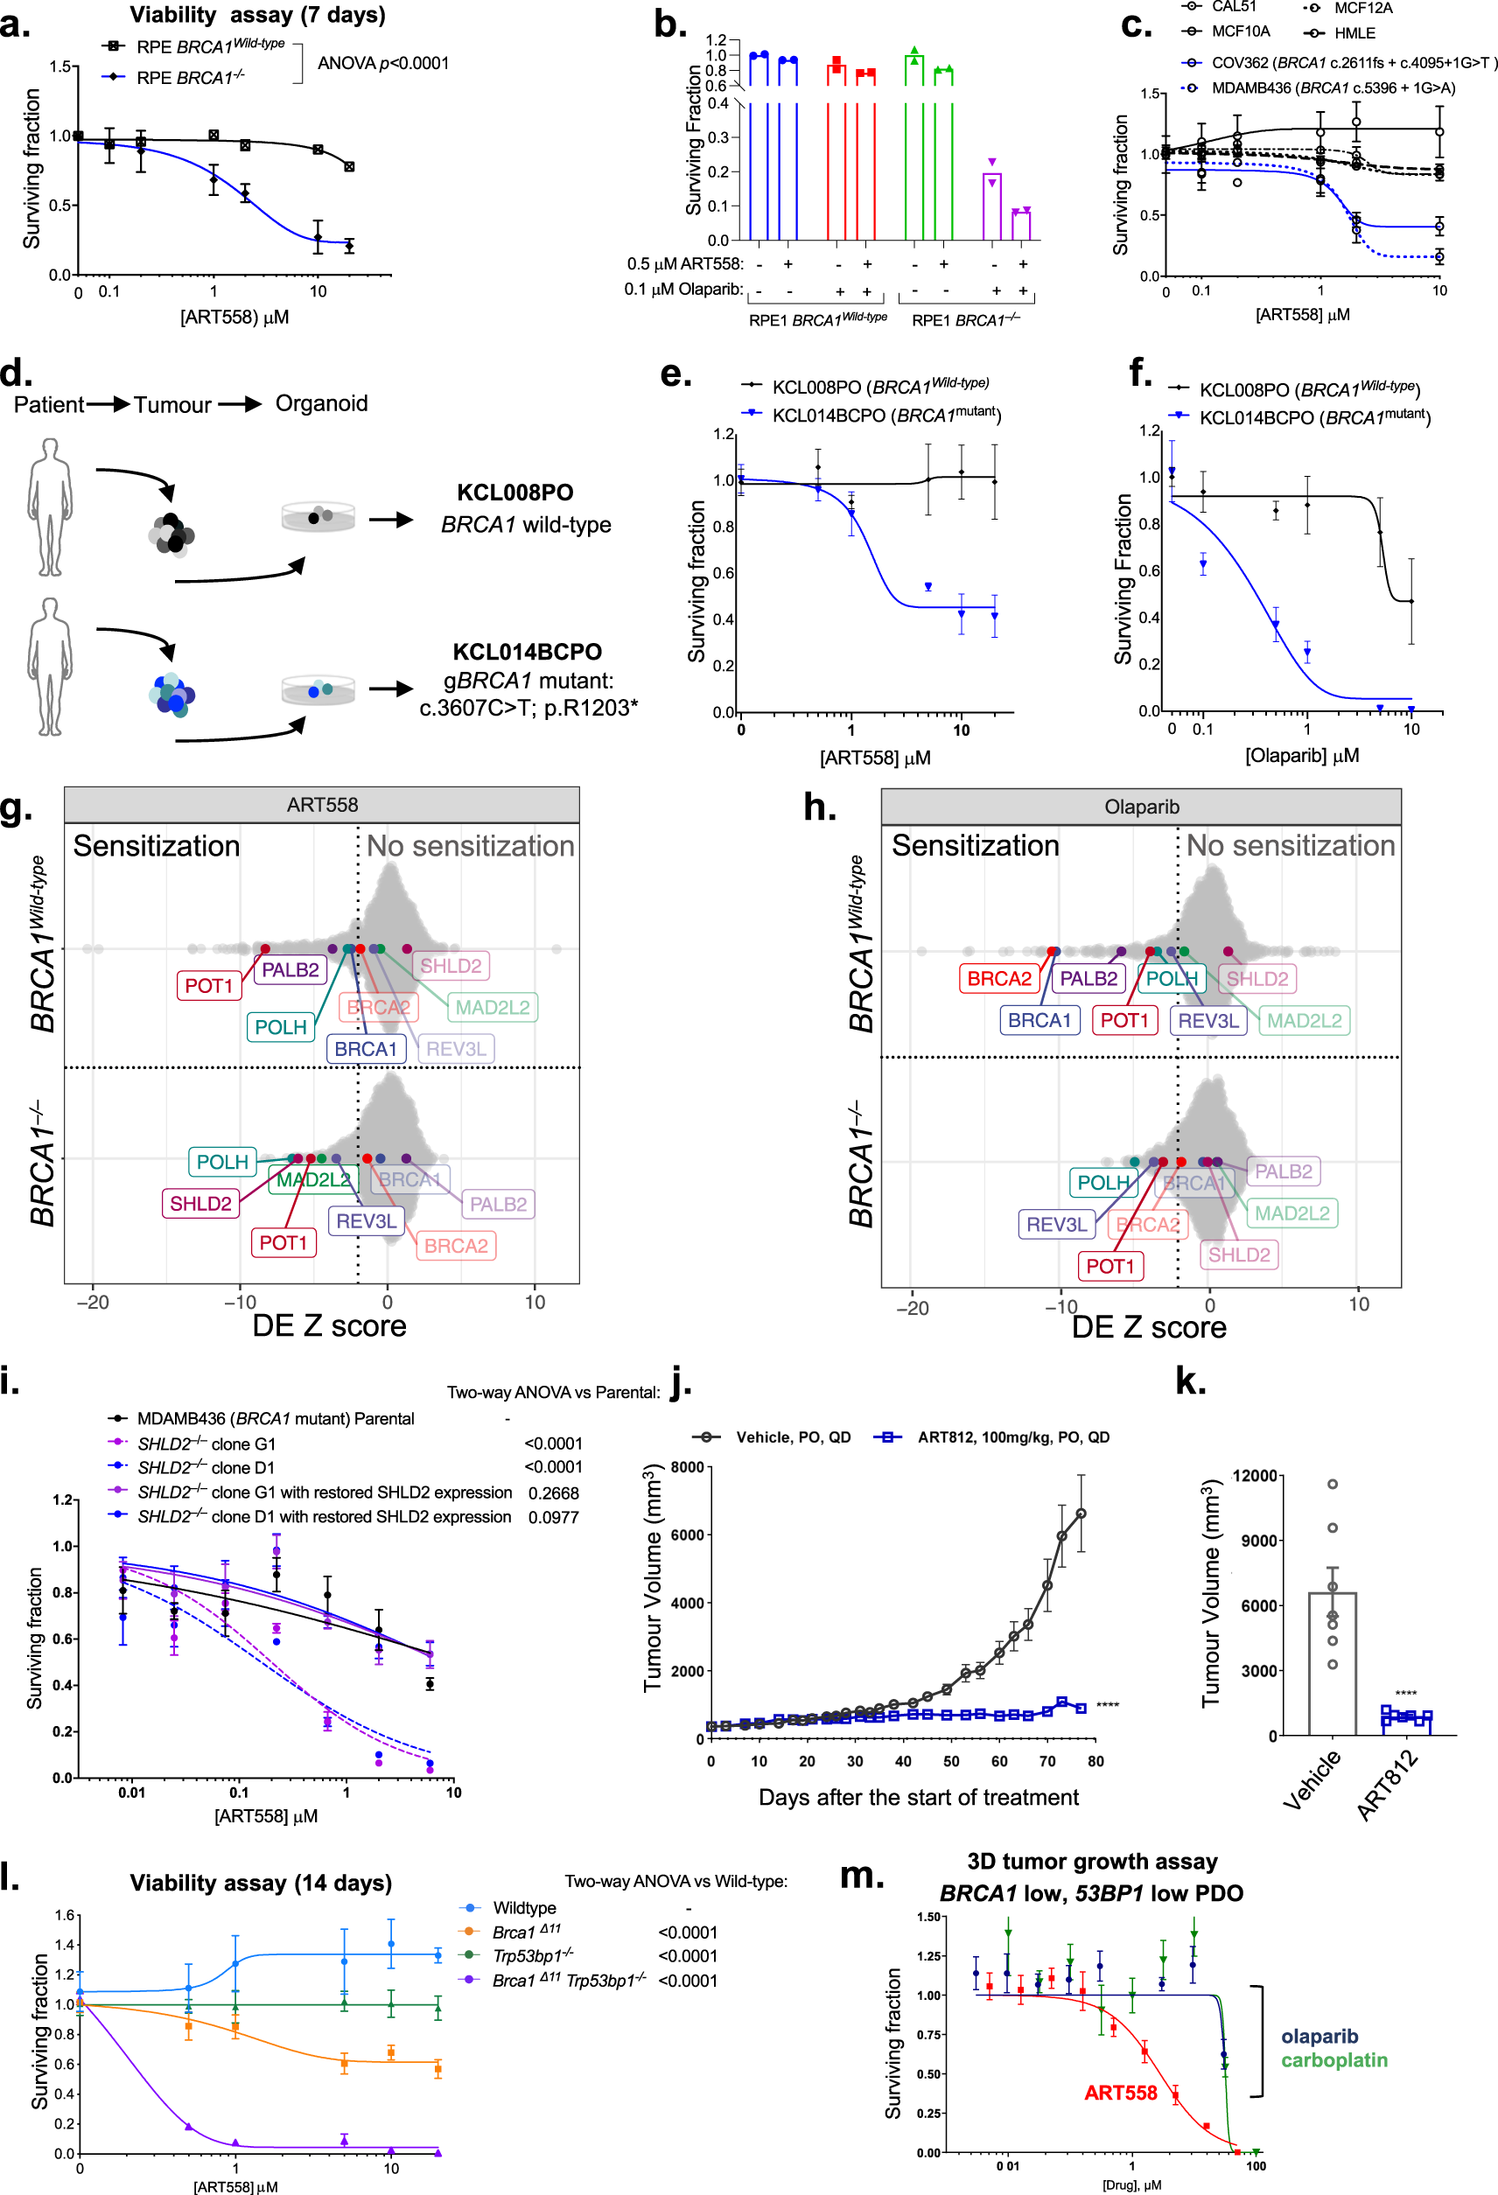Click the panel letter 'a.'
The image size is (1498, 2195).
pyautogui.click(x=15, y=23)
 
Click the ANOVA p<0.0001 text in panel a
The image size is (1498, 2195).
pyautogui.click(x=382, y=63)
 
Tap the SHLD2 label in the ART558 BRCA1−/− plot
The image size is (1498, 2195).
pyautogui.click(x=200, y=1203)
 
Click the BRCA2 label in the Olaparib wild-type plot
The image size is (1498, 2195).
pyautogui.click(x=998, y=978)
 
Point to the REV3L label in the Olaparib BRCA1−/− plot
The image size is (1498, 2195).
pyautogui.click(x=1056, y=1224)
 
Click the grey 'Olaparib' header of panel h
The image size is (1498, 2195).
pyautogui.click(x=1141, y=807)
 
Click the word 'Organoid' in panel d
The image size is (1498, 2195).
pyautogui.click(x=321, y=403)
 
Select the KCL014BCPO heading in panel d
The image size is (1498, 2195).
pyautogui.click(x=527, y=652)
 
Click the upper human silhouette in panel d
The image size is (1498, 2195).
pyautogui.click(x=49, y=507)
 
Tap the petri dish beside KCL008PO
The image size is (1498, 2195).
pyautogui.click(x=318, y=517)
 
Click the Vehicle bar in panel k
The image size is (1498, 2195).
pyautogui.click(x=1332, y=1662)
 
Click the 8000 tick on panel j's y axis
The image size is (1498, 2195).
pyautogui.click(x=687, y=1467)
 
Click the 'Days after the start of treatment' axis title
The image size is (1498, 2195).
pyautogui.click(x=918, y=1797)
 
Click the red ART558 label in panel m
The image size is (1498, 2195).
pyautogui.click(x=1120, y=2093)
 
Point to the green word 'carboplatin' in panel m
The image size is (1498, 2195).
pyautogui.click(x=1333, y=2060)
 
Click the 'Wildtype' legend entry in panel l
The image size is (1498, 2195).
pyautogui.click(x=524, y=1908)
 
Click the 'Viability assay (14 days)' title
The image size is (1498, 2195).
pyautogui.click(x=261, y=1883)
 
